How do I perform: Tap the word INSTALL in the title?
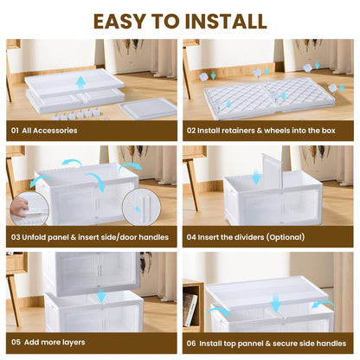point(226,21)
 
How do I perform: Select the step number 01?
point(15,131)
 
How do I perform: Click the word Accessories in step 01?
point(55,131)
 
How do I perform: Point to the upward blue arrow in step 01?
point(81,82)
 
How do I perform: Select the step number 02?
point(191,131)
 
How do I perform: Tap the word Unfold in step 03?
point(34,237)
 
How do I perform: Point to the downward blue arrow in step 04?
point(256,177)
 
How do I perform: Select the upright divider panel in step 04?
point(273,171)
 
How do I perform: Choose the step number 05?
point(16,342)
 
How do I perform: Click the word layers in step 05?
point(73,343)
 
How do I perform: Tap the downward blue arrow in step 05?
point(101,295)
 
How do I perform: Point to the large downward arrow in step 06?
point(276,302)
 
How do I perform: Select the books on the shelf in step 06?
point(190,309)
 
